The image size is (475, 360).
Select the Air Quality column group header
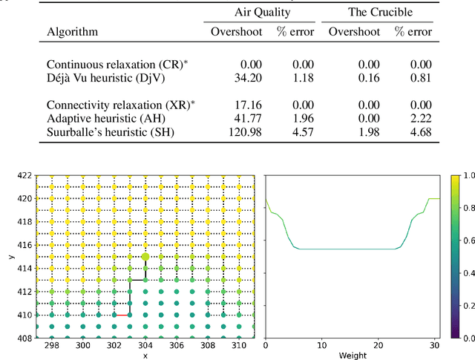coord(260,13)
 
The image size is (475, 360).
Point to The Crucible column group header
coord(380,13)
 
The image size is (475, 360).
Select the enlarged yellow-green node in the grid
coord(145,256)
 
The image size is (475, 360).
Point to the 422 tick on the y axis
coord(24,176)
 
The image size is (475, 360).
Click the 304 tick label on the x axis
coord(145,345)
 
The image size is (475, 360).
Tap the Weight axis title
coord(353,356)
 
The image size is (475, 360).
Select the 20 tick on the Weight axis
coord(380,345)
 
